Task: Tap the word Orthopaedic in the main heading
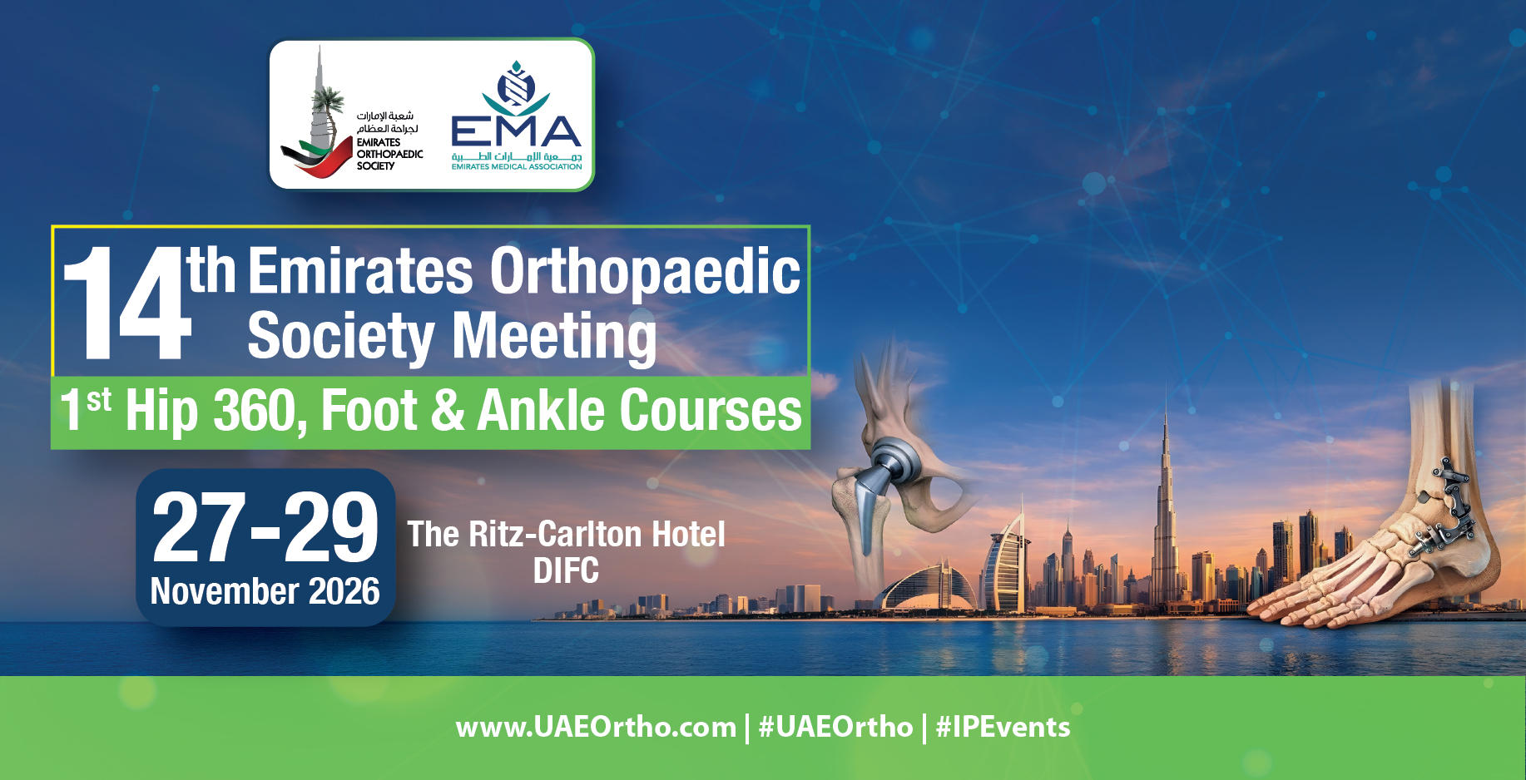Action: pyautogui.click(x=645, y=272)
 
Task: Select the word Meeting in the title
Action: pyautogui.click(x=554, y=336)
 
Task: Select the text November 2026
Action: pyautogui.click(x=265, y=591)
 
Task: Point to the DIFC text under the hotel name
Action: pyautogui.click(x=566, y=571)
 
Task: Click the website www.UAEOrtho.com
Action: pyautogui.click(x=596, y=728)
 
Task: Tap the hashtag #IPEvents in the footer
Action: pyautogui.click(x=1003, y=728)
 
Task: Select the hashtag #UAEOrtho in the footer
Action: pyautogui.click(x=835, y=728)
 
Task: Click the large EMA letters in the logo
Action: pyautogui.click(x=516, y=131)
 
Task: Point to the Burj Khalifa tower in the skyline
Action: pyautogui.click(x=1166, y=499)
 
